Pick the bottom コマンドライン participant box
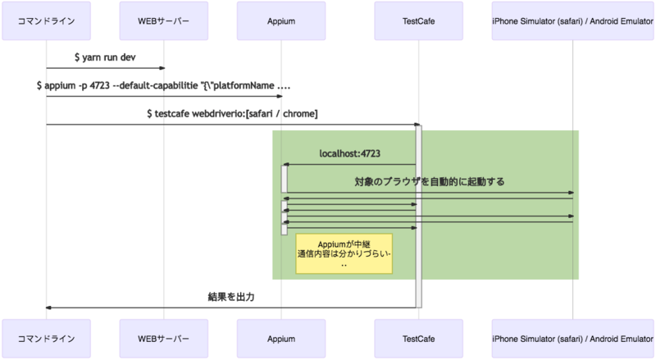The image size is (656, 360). (46, 338)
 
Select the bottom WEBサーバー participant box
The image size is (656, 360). (163, 338)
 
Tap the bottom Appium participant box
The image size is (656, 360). (281, 338)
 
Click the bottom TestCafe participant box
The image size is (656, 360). (417, 338)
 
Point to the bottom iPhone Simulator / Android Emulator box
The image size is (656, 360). (572, 338)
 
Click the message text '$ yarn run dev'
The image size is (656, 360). (104, 58)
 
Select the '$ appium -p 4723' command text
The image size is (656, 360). (163, 85)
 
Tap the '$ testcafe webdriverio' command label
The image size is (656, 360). (231, 113)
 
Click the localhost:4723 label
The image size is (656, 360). (349, 153)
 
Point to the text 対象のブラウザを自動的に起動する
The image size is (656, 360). (429, 181)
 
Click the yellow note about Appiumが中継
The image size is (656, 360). (344, 254)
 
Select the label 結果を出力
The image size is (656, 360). (230, 296)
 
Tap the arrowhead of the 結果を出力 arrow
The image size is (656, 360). (48, 308)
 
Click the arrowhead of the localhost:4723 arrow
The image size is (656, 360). (285, 165)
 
